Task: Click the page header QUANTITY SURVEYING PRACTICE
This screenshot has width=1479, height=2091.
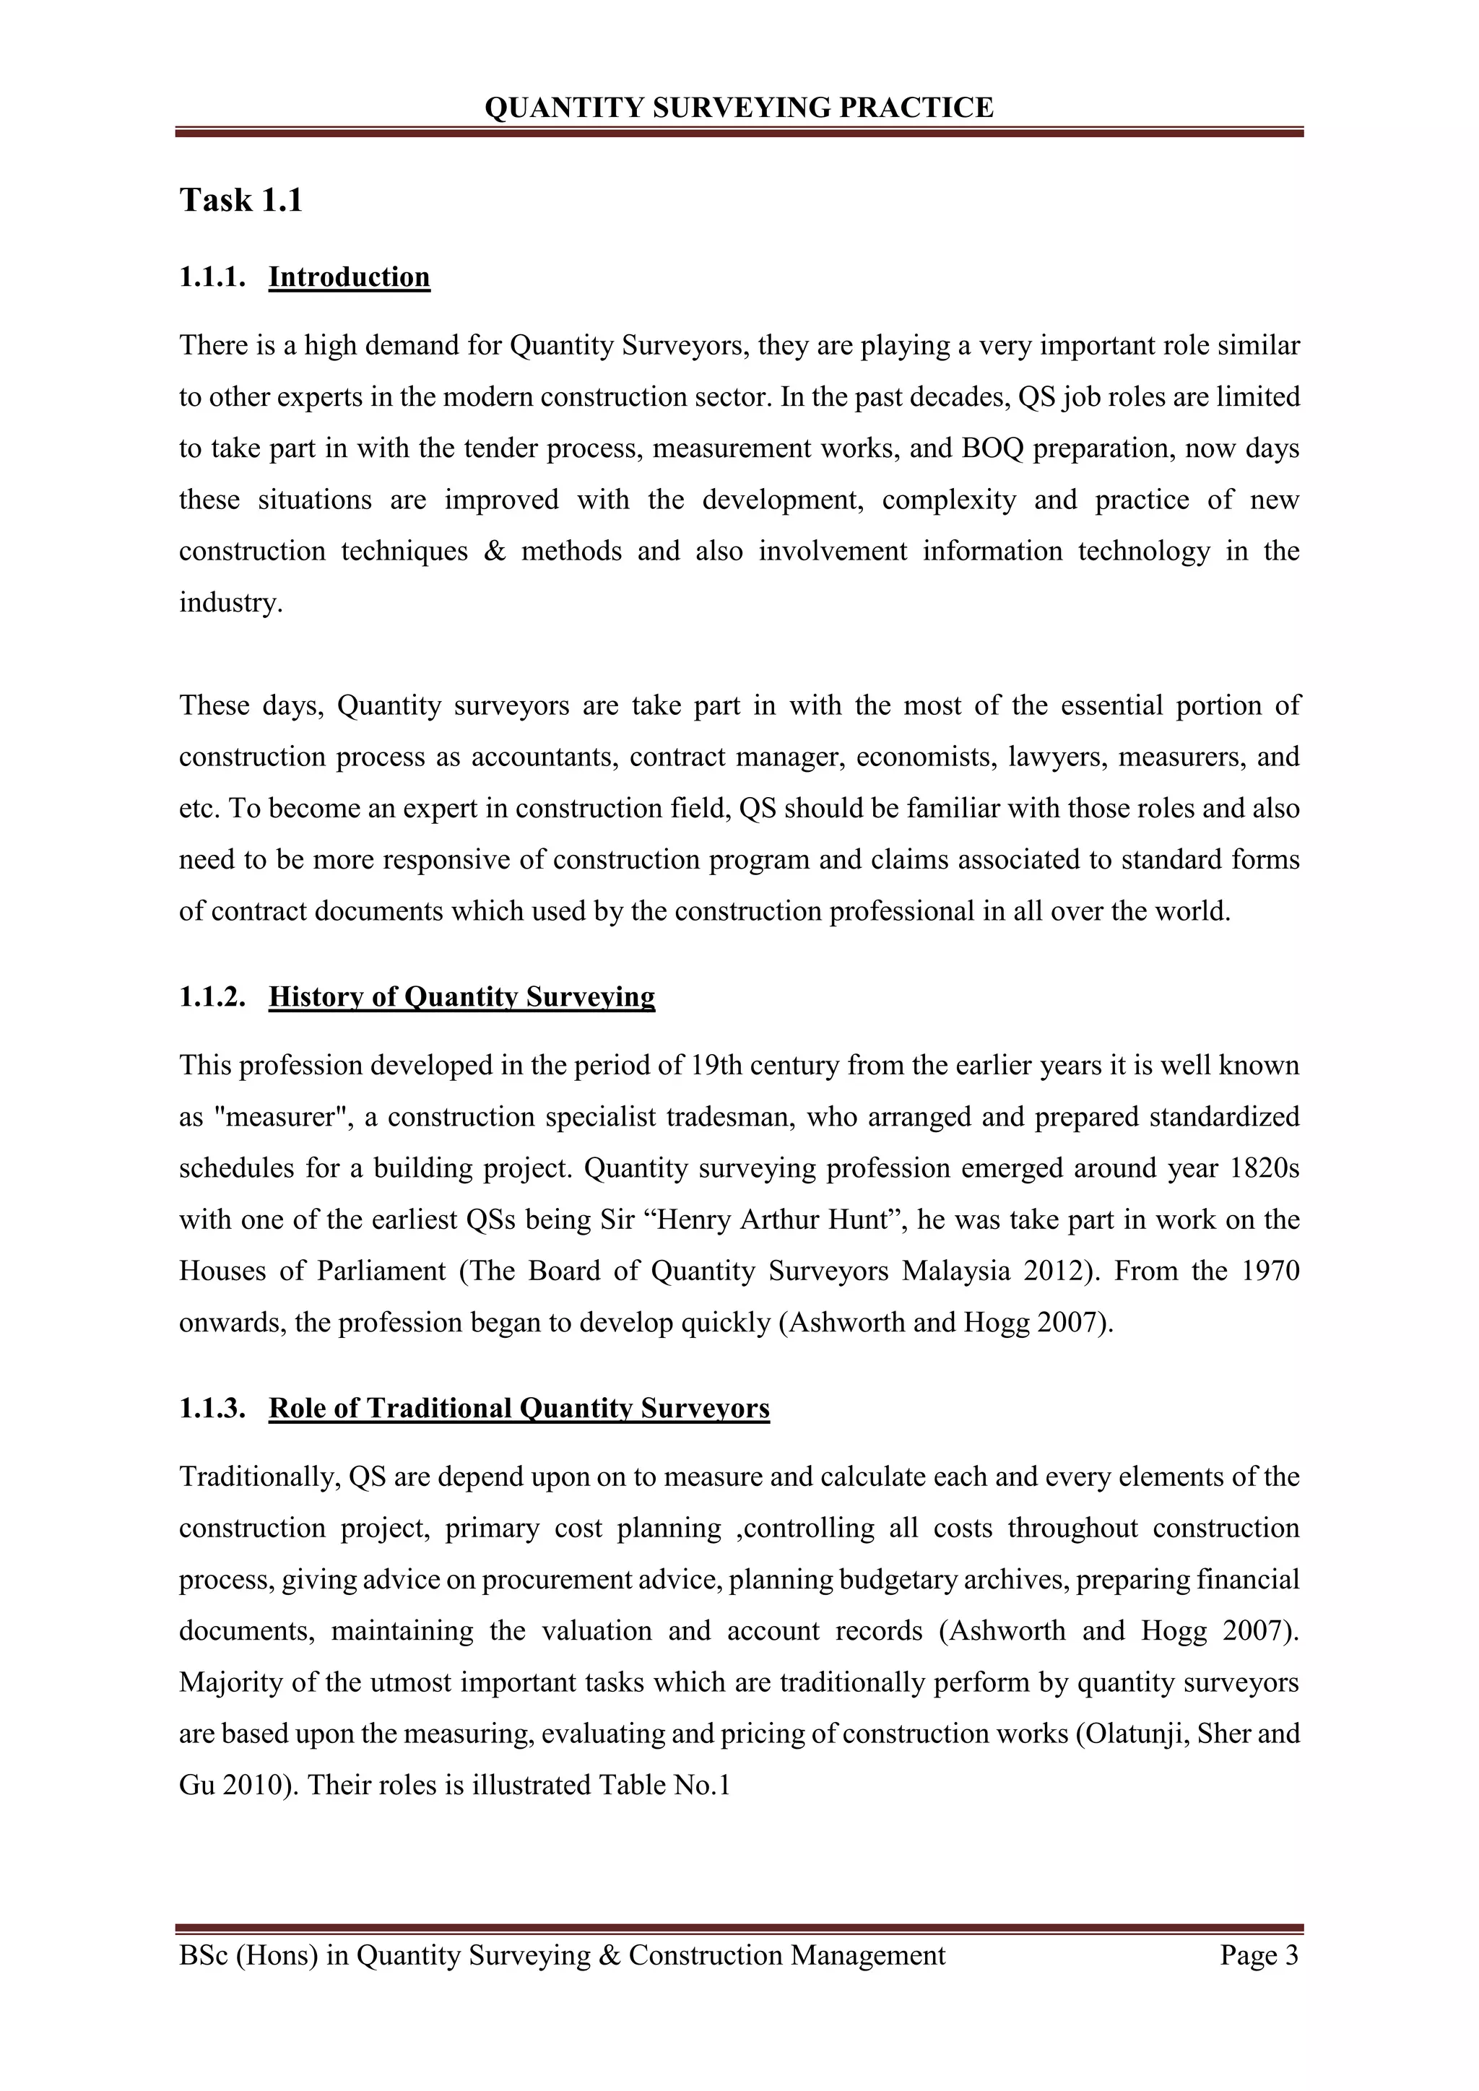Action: [739, 108]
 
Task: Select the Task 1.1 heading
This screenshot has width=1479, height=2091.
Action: [240, 199]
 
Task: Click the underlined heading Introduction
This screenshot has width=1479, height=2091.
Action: [349, 276]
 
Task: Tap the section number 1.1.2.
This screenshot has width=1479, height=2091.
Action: [213, 996]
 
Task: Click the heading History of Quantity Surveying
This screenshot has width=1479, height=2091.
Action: [461, 996]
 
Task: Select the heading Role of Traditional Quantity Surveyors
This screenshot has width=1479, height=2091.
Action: [519, 1408]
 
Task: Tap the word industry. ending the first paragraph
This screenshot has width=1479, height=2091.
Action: [231, 603]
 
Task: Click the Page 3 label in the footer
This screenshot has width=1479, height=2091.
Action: [1259, 1955]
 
